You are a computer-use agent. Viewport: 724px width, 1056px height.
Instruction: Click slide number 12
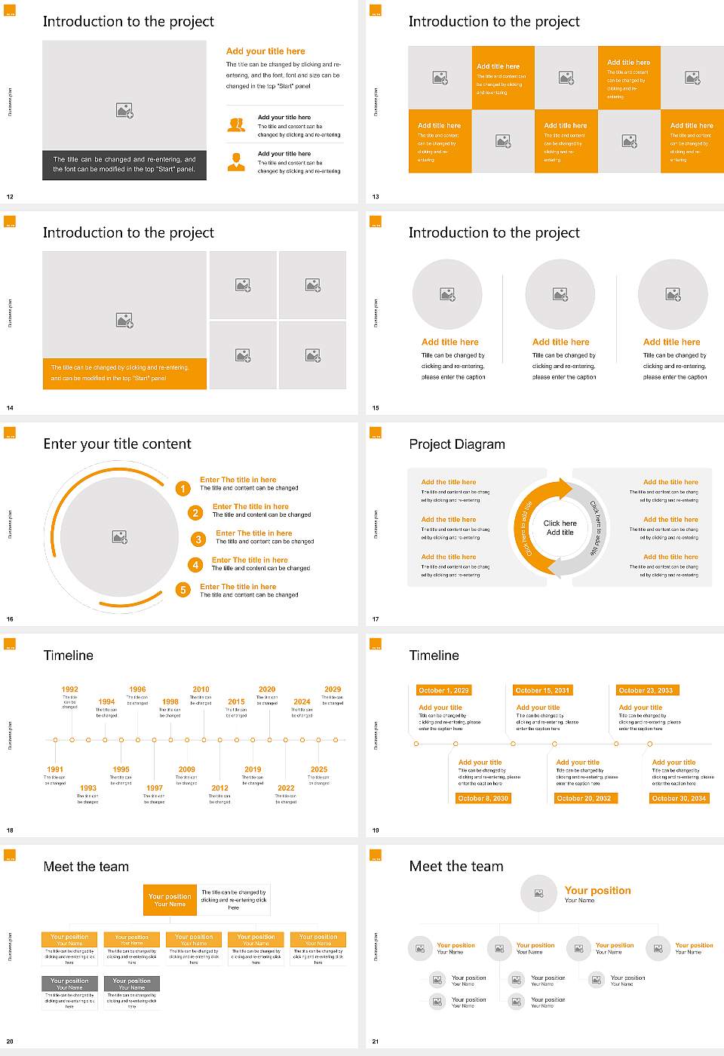(x=10, y=197)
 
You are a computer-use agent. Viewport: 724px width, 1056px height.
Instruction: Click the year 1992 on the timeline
(x=69, y=689)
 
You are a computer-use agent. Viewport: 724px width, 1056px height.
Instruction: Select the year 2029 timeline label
(x=333, y=689)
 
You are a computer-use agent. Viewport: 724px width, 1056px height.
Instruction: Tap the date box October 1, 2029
(x=443, y=690)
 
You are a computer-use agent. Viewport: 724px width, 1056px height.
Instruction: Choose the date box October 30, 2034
(x=679, y=798)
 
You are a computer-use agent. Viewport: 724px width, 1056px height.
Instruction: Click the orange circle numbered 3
(x=198, y=539)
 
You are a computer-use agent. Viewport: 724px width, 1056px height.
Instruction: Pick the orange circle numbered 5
(x=183, y=590)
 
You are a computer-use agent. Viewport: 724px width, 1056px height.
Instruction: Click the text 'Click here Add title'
(x=560, y=528)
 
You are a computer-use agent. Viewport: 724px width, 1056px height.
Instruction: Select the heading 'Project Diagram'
(x=457, y=444)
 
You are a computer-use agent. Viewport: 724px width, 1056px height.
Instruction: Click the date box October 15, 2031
(x=542, y=690)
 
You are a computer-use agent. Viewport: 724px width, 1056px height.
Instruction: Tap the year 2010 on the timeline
(x=201, y=689)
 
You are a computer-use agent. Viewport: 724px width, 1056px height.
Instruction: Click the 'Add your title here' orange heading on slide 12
(x=265, y=51)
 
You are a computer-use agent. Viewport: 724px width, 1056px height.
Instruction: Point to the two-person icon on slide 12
(x=236, y=125)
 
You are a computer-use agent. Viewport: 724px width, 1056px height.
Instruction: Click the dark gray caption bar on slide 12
(x=124, y=164)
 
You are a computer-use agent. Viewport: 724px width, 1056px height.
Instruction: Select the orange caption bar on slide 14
(x=124, y=373)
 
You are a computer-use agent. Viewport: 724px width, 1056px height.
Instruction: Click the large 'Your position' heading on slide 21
(x=597, y=891)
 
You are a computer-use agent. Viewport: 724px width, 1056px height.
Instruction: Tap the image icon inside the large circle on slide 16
(x=119, y=536)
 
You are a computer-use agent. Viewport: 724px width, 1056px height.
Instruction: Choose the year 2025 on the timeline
(x=319, y=769)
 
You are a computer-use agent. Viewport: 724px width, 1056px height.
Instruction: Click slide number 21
(x=376, y=1042)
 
